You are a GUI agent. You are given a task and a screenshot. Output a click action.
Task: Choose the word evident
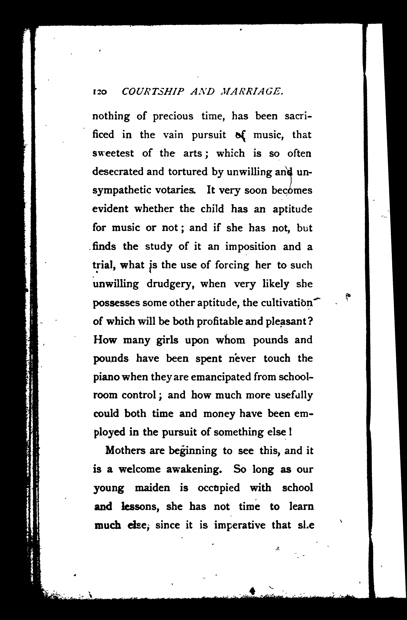point(110,209)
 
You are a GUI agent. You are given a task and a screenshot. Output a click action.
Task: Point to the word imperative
point(240,525)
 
